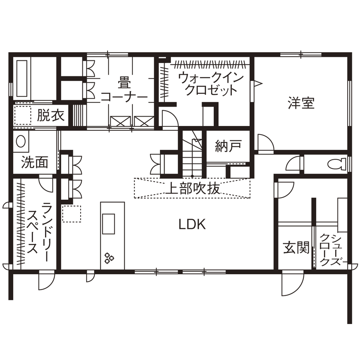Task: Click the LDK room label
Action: tap(192, 224)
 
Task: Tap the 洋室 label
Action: tap(301, 103)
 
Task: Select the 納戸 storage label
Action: tap(227, 147)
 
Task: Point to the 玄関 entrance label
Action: tap(296, 247)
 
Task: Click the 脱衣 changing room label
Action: tap(51, 116)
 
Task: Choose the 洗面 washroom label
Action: tap(34, 162)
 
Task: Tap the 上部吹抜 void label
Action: tap(192, 189)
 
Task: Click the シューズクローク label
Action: tap(331, 250)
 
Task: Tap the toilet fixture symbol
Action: tap(336, 163)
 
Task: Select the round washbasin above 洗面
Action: tap(20, 142)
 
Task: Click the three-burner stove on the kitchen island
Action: tap(109, 257)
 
